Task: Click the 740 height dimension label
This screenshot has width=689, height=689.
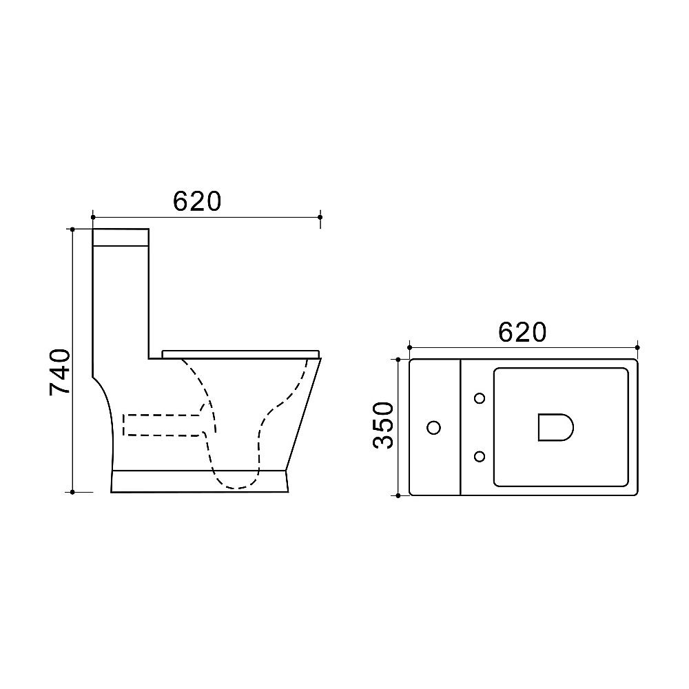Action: click(60, 372)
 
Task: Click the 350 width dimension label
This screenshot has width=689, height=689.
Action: click(383, 425)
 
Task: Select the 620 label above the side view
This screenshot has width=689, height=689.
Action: click(197, 201)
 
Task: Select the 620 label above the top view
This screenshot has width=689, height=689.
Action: click(522, 332)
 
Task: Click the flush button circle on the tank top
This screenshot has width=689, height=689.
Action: click(433, 427)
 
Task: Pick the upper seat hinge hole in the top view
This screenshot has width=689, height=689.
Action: click(480, 398)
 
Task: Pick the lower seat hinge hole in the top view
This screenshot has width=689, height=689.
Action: click(480, 457)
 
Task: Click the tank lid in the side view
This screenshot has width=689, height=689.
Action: click(121, 237)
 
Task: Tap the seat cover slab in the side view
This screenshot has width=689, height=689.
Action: click(240, 354)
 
